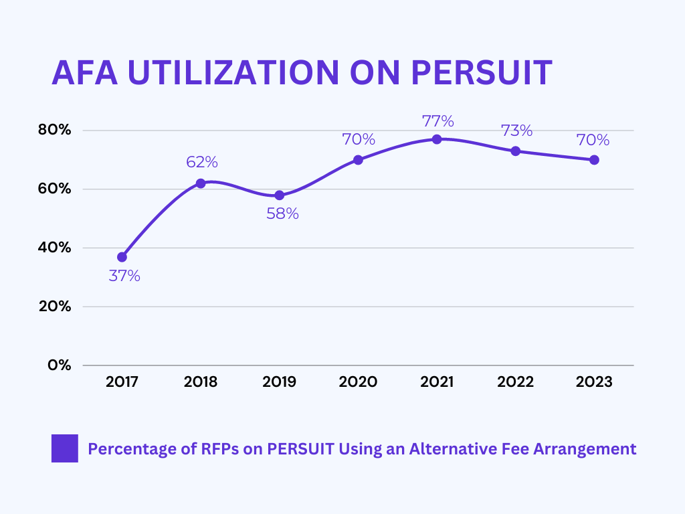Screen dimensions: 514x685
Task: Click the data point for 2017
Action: [122, 257]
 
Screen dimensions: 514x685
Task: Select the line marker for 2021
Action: [437, 139]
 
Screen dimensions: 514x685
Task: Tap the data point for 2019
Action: [280, 195]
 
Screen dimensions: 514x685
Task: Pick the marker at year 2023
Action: [594, 160]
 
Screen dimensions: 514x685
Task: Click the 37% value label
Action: [124, 276]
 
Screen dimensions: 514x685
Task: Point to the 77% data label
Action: [438, 121]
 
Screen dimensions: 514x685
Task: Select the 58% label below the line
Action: [282, 214]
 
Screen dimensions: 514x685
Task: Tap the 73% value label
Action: [516, 130]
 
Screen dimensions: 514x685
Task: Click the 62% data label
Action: [202, 162]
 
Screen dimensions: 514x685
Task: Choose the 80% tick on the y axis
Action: [55, 130]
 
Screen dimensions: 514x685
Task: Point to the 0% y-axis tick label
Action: [59, 365]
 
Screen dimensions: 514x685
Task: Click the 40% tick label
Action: [55, 248]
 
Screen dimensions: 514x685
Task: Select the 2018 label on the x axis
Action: [201, 382]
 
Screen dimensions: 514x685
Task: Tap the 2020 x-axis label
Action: [358, 382]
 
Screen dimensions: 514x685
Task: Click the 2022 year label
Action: [516, 382]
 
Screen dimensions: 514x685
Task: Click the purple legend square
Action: [65, 448]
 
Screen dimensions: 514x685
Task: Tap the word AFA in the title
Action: [84, 72]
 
